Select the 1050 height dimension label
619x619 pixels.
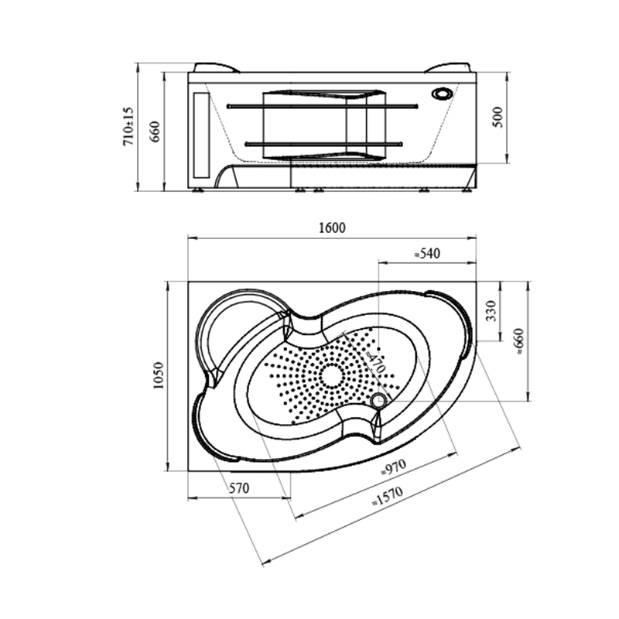coord(158,376)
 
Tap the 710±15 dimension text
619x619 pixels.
coord(130,127)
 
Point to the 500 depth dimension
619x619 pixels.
coord(498,117)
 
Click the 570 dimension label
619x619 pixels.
coord(239,488)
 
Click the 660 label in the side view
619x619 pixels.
coord(154,132)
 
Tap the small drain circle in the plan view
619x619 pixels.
coord(378,400)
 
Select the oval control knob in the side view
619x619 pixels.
coord(443,94)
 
